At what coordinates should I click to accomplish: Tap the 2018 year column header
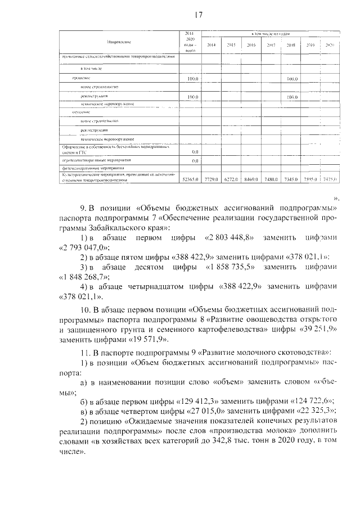(x=291, y=45)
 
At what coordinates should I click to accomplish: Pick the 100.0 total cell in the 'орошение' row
(x=193, y=79)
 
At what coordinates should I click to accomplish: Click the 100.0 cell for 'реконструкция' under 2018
(x=291, y=97)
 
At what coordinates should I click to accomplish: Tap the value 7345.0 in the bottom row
(x=291, y=179)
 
